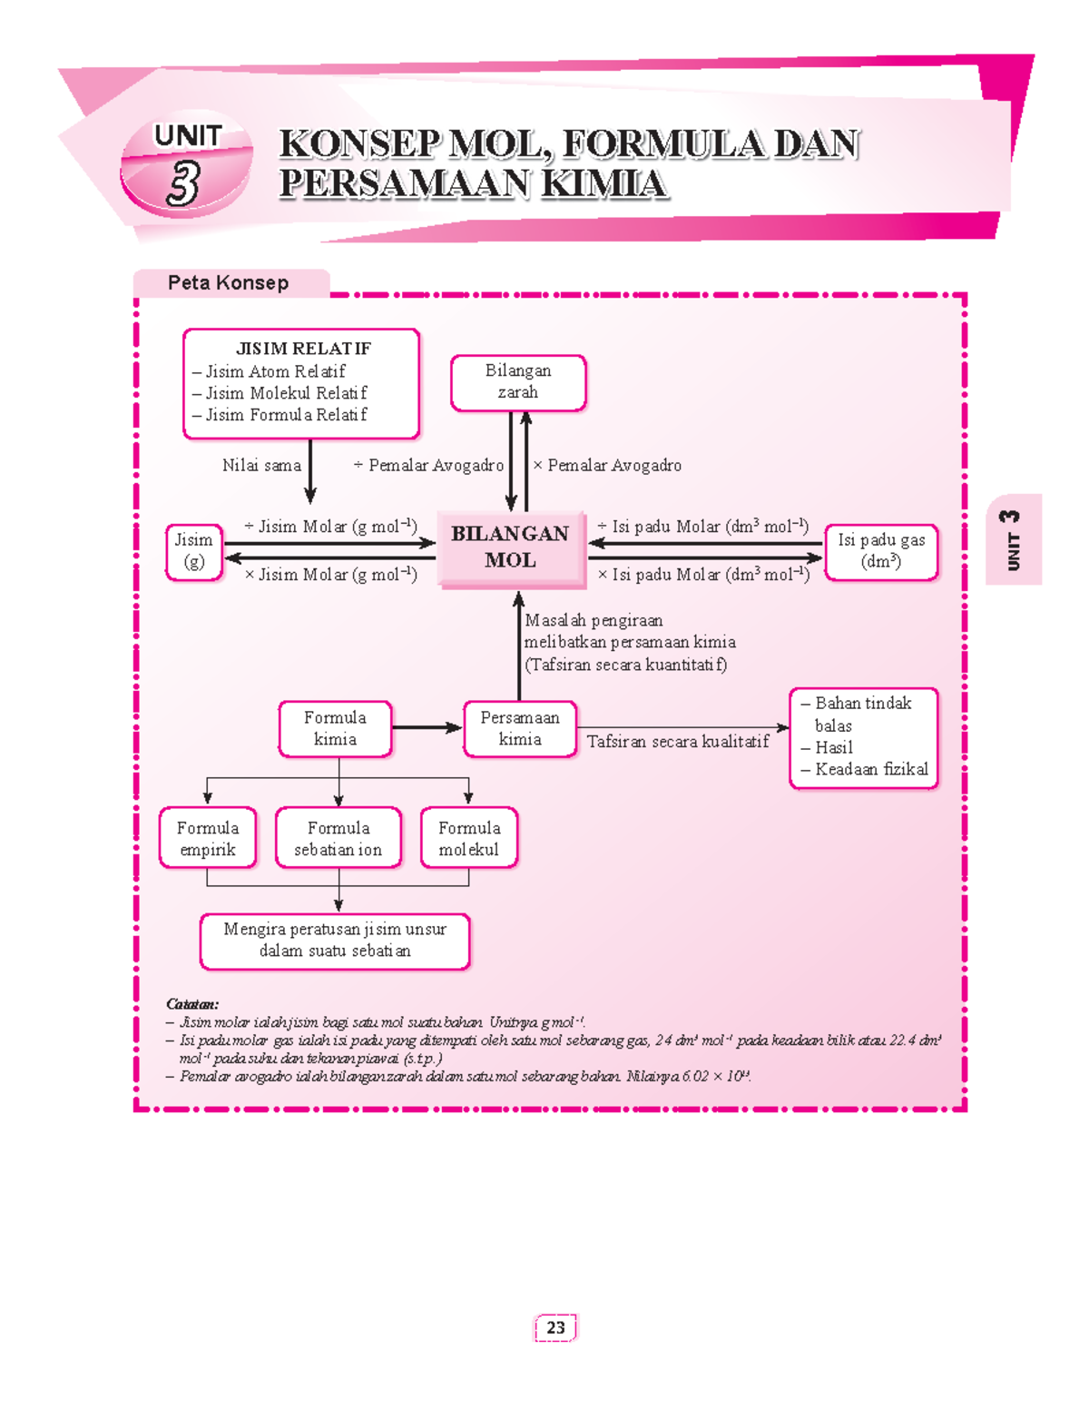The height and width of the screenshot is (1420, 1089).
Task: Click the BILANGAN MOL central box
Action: click(510, 547)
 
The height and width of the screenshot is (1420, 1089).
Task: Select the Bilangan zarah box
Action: click(518, 382)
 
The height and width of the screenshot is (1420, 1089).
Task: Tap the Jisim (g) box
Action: click(194, 551)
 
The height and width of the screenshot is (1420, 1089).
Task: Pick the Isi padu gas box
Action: click(880, 551)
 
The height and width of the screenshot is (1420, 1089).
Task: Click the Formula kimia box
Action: click(335, 728)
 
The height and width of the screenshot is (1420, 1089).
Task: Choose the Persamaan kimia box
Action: click(520, 728)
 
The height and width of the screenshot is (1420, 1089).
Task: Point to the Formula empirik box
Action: click(208, 838)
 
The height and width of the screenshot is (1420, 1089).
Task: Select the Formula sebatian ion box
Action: click(338, 838)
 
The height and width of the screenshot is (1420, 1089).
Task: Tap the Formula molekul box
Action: click(469, 838)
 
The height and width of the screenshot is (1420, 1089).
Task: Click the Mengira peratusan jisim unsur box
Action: click(335, 941)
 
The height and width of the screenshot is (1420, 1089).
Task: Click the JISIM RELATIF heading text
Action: click(303, 349)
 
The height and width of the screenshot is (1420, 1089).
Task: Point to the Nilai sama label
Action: click(261, 466)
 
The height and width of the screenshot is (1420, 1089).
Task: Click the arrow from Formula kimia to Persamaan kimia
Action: click(427, 727)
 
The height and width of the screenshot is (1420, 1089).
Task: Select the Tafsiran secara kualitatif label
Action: click(677, 742)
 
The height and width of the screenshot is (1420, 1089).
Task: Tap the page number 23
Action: click(555, 1327)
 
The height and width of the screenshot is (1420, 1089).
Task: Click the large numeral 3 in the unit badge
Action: click(183, 182)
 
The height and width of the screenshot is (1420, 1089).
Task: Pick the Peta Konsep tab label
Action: click(228, 283)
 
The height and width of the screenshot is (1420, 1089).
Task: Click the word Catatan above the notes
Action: click(191, 1004)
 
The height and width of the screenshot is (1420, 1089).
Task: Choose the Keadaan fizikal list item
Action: click(870, 769)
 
